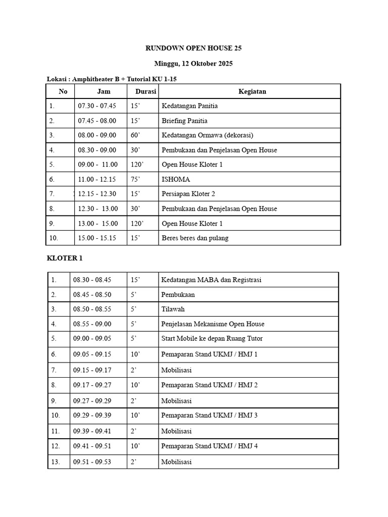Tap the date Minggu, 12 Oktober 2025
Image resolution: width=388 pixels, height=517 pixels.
193,64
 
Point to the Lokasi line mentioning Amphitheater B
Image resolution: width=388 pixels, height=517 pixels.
112,79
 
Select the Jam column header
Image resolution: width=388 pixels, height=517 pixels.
104,91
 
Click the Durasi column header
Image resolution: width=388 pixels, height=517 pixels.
145,91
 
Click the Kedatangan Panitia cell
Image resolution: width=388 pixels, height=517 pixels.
189,106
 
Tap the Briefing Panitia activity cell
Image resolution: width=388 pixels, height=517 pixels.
184,121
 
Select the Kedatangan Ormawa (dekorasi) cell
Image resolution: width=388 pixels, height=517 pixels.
207,135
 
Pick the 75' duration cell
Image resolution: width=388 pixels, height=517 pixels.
135,179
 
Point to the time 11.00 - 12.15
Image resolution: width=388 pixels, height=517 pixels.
97,179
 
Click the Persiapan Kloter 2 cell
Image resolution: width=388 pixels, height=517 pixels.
188,194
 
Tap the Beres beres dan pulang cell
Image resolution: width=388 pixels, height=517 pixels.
195,238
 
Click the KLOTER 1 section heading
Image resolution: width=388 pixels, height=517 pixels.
65,258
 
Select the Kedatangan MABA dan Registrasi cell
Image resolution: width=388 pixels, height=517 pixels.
211,280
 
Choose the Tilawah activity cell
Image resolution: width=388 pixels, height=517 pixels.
173,309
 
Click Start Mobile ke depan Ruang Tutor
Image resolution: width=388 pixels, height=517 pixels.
212,338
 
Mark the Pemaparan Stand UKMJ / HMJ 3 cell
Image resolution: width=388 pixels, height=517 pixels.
209,416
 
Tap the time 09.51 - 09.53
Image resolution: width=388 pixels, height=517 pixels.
92,461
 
